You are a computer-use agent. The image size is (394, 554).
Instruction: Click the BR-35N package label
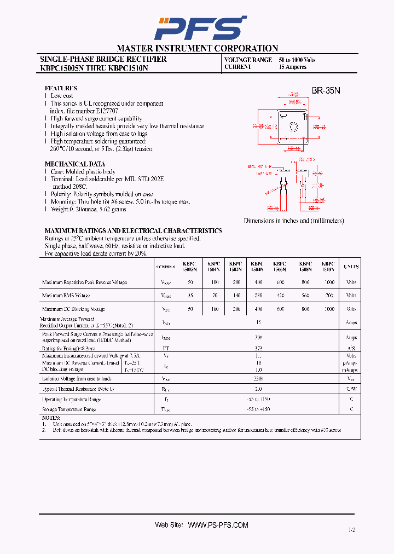(326, 91)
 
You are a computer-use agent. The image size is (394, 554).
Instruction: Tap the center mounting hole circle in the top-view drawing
(293, 128)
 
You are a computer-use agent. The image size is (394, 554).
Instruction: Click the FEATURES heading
(60, 88)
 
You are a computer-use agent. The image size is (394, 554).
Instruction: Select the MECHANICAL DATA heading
(74, 164)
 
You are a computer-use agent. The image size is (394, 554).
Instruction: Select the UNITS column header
(351, 267)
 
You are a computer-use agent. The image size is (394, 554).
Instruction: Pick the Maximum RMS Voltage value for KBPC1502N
(236, 296)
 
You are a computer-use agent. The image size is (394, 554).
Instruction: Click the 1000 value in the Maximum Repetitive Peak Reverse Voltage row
(328, 282)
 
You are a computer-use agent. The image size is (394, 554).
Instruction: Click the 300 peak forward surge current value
(259, 338)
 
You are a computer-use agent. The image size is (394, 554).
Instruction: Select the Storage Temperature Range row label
(69, 409)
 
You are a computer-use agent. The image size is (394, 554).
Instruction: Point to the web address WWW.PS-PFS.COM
(218, 525)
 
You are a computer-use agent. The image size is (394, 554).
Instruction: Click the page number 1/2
(351, 530)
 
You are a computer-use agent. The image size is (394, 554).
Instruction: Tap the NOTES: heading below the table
(53, 418)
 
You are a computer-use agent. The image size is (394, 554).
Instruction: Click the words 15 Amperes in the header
(292, 67)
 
